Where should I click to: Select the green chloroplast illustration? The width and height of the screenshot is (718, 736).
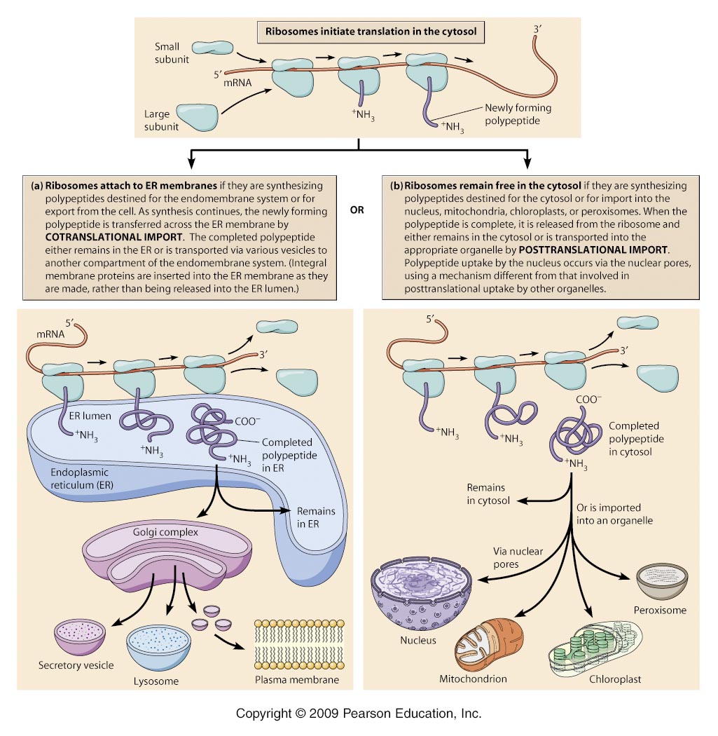[595, 648]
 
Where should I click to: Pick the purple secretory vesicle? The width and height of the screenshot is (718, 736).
[80, 637]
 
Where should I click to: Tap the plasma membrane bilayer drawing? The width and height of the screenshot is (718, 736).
[299, 644]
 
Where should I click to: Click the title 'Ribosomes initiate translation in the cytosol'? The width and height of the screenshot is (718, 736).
[371, 32]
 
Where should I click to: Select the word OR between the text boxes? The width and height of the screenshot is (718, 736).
[357, 210]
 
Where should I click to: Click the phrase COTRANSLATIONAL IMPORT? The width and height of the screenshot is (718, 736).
[113, 237]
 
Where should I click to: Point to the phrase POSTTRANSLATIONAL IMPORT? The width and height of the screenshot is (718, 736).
[593, 250]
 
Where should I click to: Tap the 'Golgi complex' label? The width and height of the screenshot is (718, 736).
[165, 532]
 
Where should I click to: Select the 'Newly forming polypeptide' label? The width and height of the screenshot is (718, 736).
[518, 114]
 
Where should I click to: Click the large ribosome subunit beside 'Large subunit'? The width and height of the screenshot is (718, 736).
[197, 117]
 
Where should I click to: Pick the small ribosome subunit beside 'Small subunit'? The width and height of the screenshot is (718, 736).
[212, 47]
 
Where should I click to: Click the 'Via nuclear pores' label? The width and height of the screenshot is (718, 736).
[518, 558]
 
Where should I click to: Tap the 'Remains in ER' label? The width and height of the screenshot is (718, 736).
[316, 517]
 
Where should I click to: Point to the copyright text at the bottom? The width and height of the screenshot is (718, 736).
[359, 714]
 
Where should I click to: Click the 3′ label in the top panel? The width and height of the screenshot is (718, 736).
[537, 29]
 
